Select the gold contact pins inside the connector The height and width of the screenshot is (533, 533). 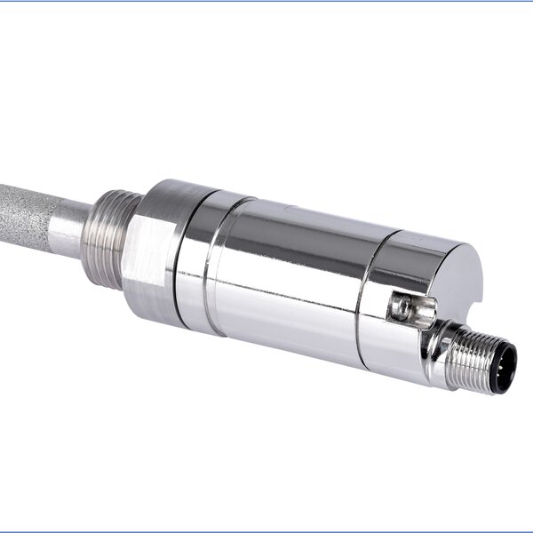(506, 364)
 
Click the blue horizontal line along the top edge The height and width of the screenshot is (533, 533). (266, 1)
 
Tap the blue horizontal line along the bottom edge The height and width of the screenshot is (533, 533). (266, 531)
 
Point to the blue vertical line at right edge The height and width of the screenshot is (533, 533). (531, 266)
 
